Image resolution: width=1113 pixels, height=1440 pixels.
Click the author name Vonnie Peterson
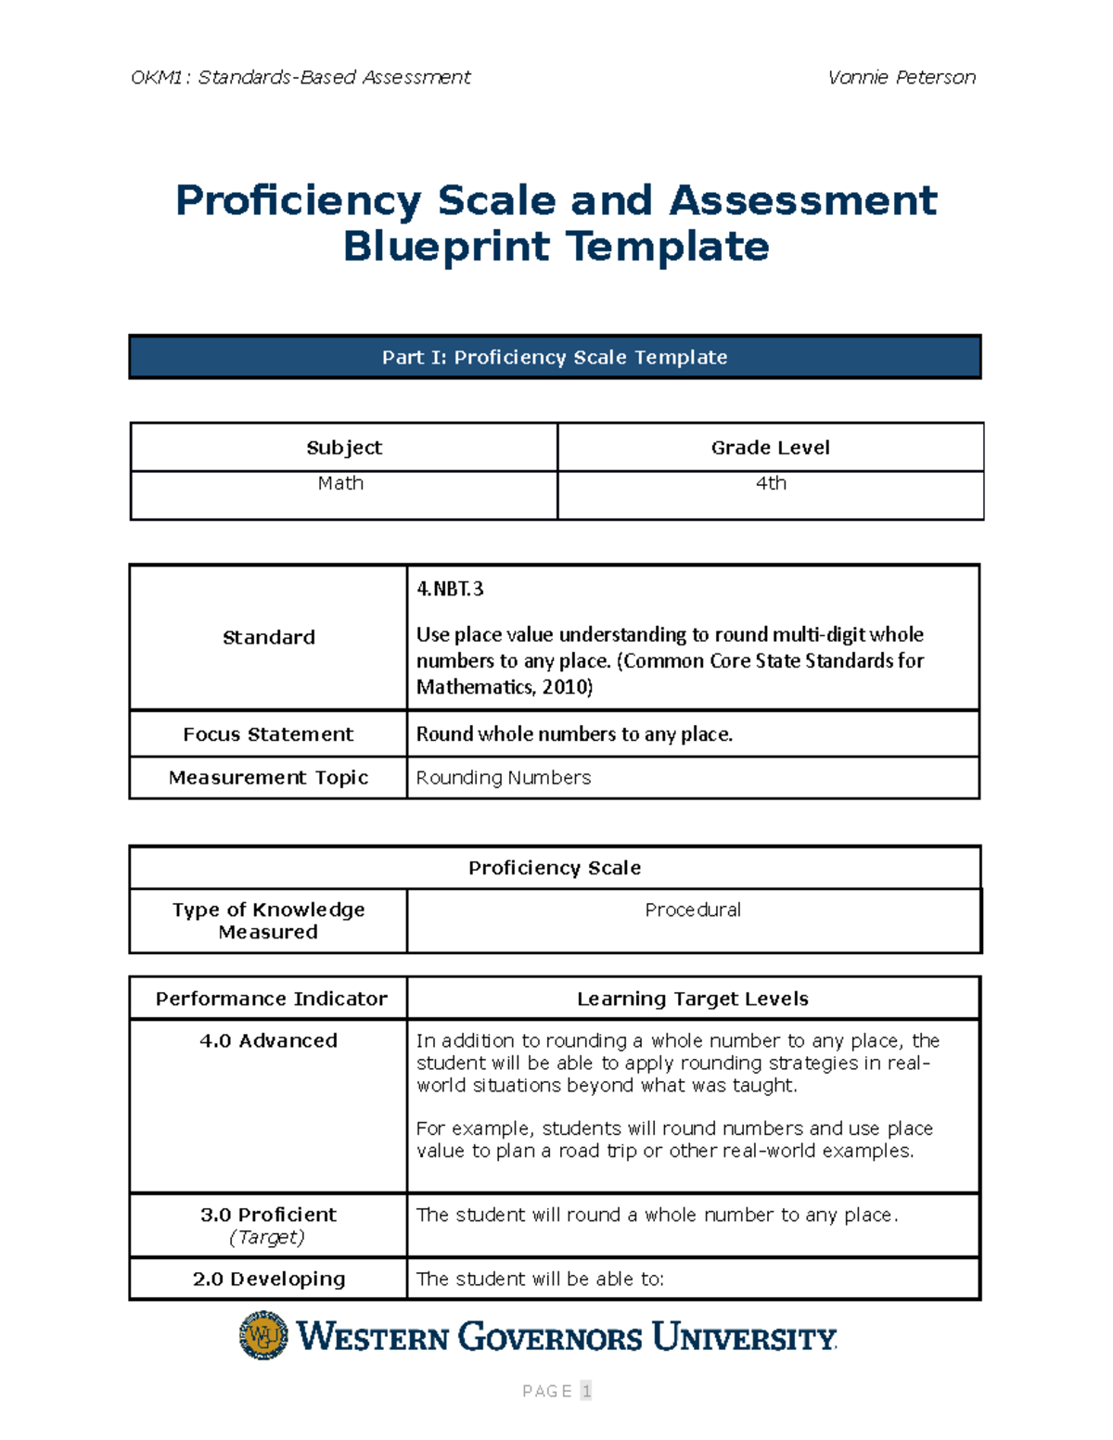click(x=901, y=77)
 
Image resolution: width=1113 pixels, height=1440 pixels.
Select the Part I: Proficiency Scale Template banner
click(x=555, y=357)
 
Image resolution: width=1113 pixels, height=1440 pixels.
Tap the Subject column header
click(x=344, y=448)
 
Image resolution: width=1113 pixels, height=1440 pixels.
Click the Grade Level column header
click(x=770, y=448)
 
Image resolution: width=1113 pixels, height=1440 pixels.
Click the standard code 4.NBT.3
click(x=450, y=589)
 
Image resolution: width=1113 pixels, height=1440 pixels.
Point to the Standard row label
click(x=268, y=638)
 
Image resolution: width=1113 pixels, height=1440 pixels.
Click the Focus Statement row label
click(x=268, y=734)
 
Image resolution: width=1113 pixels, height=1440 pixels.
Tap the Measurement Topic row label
click(x=268, y=778)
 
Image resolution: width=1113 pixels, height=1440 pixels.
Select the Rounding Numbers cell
click(x=504, y=778)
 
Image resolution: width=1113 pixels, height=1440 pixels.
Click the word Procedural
click(x=693, y=911)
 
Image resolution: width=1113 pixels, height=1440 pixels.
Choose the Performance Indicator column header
click(x=271, y=999)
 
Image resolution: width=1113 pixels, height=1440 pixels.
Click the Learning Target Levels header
click(x=693, y=999)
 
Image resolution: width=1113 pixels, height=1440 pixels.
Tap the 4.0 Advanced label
click(x=268, y=1041)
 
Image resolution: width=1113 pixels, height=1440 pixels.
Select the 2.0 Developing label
click(x=268, y=1280)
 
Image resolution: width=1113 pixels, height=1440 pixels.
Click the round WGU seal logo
click(x=263, y=1336)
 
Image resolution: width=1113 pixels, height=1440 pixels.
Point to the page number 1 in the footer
click(x=585, y=1391)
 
